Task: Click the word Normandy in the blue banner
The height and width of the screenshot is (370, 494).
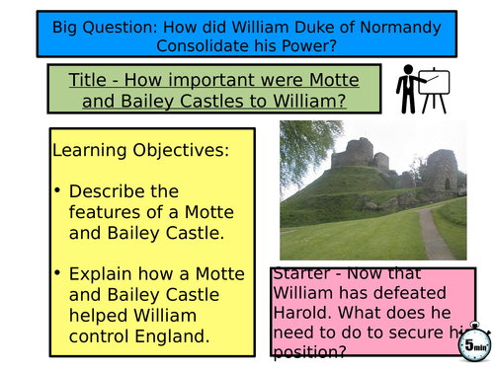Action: click(398, 21)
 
